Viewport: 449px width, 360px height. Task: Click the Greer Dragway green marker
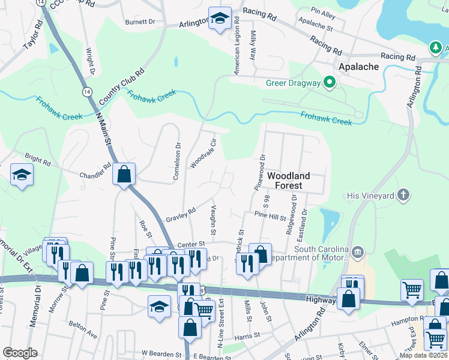[329, 83]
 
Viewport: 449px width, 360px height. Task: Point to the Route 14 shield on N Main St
[87, 92]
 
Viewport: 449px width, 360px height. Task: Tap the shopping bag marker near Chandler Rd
[124, 175]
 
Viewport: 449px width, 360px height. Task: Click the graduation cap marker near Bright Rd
[22, 175]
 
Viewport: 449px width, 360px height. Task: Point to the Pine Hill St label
[270, 216]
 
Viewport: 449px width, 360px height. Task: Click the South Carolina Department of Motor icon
[358, 251]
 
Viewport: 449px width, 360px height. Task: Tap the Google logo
[20, 353]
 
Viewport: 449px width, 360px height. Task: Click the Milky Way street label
[253, 46]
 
